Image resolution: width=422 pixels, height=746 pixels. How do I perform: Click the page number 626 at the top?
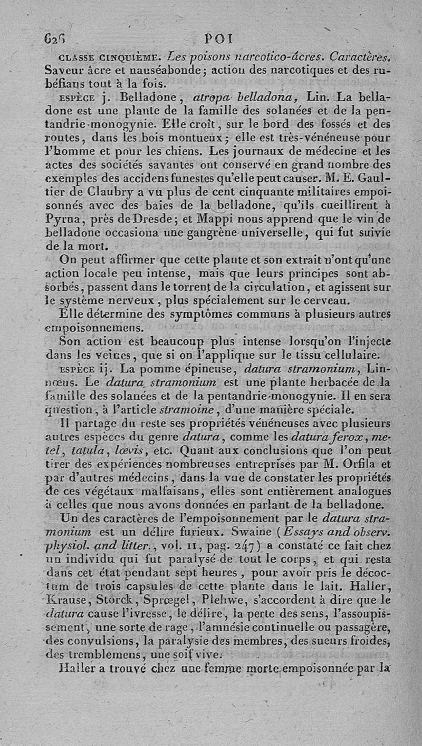54,39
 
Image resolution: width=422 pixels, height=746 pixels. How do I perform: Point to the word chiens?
181,152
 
